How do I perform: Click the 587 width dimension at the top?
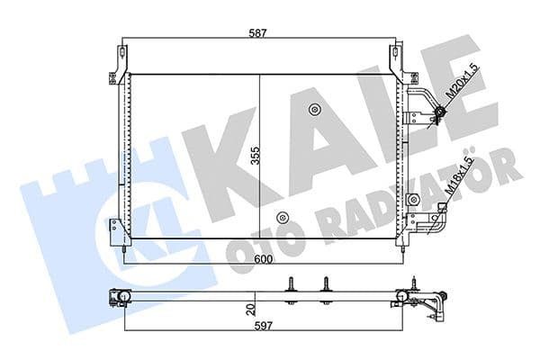260,33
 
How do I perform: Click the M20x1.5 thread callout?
463,84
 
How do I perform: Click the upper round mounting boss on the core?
314,111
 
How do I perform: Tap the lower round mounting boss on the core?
283,217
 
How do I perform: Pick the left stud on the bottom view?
293,284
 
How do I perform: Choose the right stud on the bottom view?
324,284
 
